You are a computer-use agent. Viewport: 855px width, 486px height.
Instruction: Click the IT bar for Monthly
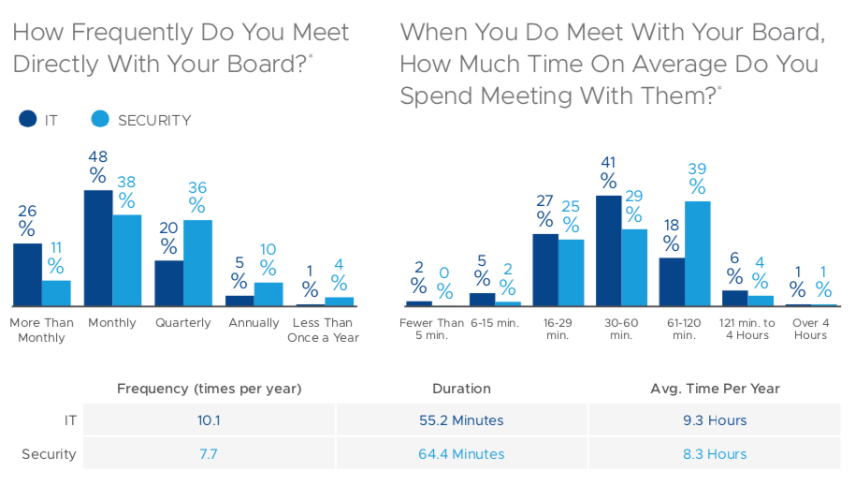pyautogui.click(x=98, y=248)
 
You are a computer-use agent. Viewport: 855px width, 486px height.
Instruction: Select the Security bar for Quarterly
pyautogui.click(x=197, y=263)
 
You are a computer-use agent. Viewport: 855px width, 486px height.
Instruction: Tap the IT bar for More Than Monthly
pyautogui.click(x=27, y=274)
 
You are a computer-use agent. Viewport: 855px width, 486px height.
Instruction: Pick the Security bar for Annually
pyautogui.click(x=268, y=294)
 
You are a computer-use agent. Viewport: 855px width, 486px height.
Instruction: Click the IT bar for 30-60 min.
pyautogui.click(x=608, y=251)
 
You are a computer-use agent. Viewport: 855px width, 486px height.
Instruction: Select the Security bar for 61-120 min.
pyautogui.click(x=697, y=254)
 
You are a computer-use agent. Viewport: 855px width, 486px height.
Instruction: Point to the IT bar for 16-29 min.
pyautogui.click(x=545, y=270)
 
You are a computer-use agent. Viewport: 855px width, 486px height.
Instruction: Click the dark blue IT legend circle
pyautogui.click(x=27, y=120)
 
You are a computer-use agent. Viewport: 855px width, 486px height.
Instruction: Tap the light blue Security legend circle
pyautogui.click(x=100, y=120)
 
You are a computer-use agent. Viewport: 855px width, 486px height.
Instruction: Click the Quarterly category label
pyautogui.click(x=182, y=323)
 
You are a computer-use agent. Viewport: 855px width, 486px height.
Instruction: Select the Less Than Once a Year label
pyautogui.click(x=325, y=330)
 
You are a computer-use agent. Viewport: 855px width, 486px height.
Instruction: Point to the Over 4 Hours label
pyautogui.click(x=810, y=330)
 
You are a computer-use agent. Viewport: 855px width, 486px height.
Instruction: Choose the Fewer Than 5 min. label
pyautogui.click(x=431, y=330)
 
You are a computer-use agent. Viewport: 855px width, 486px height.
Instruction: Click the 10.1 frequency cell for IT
pyautogui.click(x=209, y=420)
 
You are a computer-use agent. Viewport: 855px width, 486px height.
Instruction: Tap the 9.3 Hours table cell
pyautogui.click(x=715, y=420)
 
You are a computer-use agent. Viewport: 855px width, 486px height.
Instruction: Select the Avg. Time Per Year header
pyautogui.click(x=715, y=389)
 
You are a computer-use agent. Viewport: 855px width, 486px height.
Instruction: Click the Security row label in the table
pyautogui.click(x=49, y=454)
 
